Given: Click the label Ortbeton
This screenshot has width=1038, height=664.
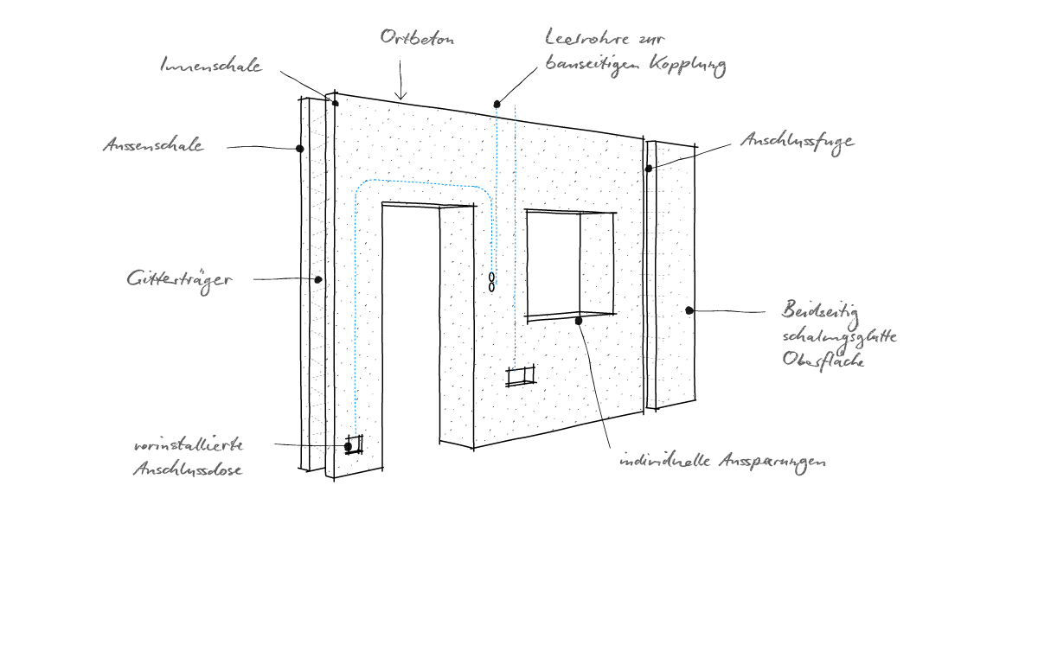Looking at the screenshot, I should tap(416, 40).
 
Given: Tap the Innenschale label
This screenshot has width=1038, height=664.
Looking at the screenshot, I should tap(211, 66).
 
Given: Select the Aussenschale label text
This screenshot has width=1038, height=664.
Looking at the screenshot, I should tap(153, 145).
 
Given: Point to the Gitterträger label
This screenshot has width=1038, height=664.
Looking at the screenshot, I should tap(179, 279).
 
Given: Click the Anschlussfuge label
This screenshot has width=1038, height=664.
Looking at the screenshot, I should tap(797, 141).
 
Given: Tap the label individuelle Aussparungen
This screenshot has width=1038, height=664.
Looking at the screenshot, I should tap(722, 462).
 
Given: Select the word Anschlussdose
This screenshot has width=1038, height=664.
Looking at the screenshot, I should tap(187, 470).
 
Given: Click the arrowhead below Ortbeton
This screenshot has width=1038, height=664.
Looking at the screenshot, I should tap(400, 96).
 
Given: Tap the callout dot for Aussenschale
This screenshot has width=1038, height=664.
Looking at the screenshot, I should tap(299, 149).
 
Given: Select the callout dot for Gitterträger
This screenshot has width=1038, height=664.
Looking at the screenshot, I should tap(317, 279).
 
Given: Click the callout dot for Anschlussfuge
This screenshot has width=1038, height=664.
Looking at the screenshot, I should tap(649, 168).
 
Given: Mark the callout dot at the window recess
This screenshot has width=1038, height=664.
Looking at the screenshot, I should tap(579, 320).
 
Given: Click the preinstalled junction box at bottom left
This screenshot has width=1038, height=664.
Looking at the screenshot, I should tap(353, 445).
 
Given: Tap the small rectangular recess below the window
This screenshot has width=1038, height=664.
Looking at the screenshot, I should tap(521, 376).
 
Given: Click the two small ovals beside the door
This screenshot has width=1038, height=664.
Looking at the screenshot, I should tap(491, 282).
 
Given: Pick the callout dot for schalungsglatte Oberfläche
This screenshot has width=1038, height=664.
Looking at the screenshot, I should tap(689, 310).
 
